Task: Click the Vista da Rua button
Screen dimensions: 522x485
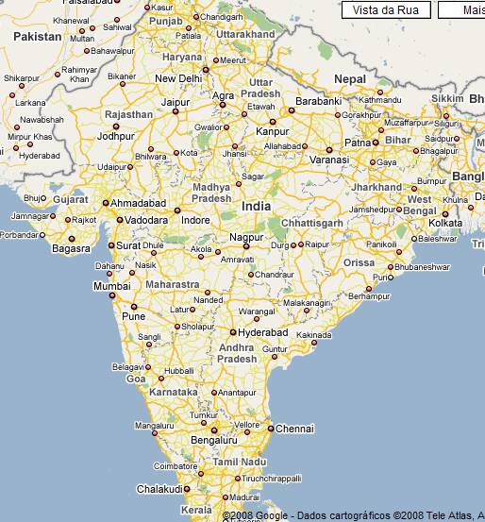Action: [387, 9]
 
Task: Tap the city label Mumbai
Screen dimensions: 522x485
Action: [111, 286]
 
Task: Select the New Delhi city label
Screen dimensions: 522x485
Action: [178, 78]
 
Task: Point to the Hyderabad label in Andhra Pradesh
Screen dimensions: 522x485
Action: [263, 333]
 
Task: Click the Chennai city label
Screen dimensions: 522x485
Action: [294, 429]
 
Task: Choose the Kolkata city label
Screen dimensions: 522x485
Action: [445, 223]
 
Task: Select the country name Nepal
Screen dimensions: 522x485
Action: [348, 78]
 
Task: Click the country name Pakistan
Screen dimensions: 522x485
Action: [38, 36]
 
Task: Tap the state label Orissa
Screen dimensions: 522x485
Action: [359, 262]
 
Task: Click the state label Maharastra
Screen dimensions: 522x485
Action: [173, 284]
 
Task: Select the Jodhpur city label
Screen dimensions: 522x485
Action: [116, 136]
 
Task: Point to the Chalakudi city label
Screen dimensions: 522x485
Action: [158, 489]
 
